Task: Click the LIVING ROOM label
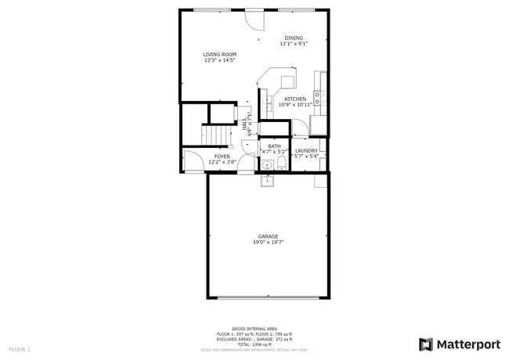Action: (220, 54)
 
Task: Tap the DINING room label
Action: (294, 38)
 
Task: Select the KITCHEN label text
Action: (295, 99)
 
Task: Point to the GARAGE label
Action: (268, 236)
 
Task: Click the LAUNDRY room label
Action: (306, 150)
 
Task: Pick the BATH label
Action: (274, 146)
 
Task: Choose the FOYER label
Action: (222, 157)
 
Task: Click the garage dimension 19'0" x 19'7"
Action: (268, 243)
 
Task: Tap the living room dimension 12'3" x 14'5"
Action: (220, 60)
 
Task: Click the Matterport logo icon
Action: (426, 344)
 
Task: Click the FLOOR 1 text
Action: (20, 348)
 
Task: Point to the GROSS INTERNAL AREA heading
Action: (254, 328)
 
